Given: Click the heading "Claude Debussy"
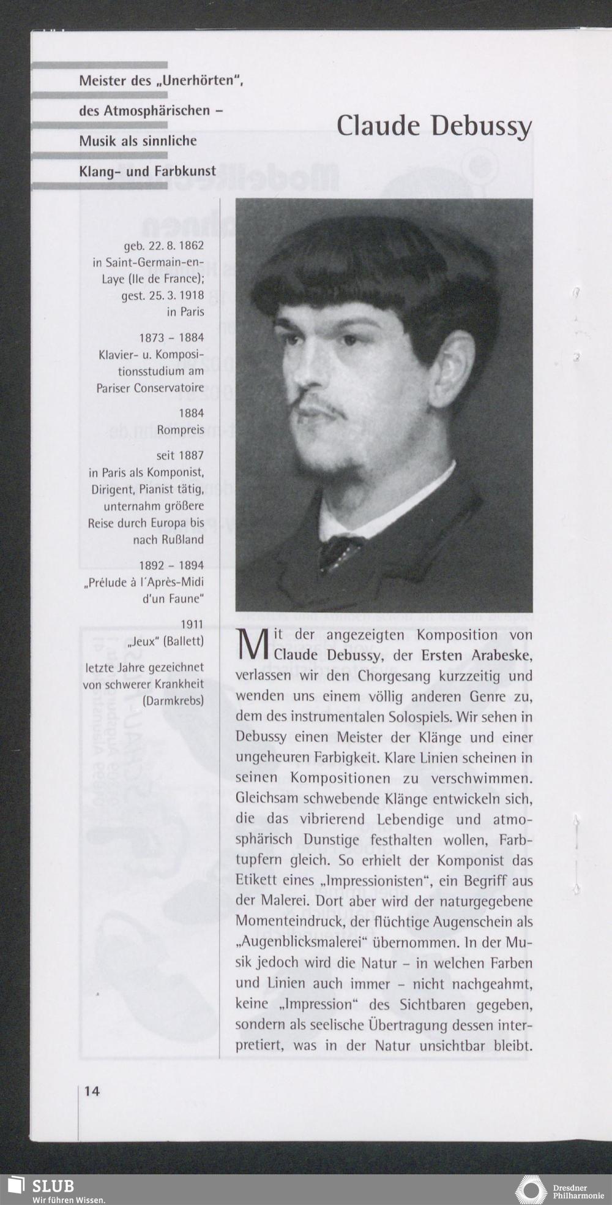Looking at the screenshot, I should point(434,126).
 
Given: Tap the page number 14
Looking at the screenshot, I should point(92,1091).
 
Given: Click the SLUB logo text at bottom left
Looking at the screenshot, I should point(53,1185).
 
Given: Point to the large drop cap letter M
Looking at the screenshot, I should point(252,646).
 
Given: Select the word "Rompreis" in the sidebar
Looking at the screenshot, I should point(181,430).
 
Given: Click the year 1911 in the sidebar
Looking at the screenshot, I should point(192,625).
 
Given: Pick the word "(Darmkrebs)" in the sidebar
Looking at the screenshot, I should point(173,701).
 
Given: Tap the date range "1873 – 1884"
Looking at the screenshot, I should point(172,338).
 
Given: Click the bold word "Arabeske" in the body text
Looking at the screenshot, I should point(501,655).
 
